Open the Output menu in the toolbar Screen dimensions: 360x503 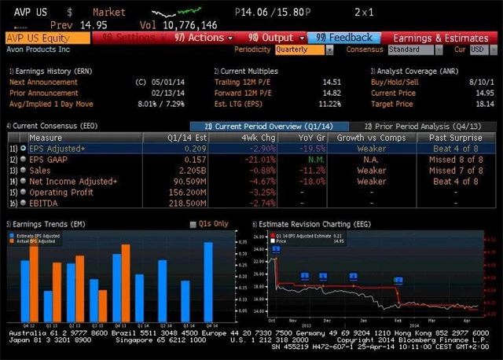(276, 37)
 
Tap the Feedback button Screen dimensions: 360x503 (343, 37)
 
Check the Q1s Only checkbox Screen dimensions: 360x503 (194, 224)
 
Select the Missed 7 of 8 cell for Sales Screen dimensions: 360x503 (454, 170)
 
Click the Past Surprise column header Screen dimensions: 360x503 (454, 137)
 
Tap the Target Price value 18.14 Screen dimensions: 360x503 (483, 104)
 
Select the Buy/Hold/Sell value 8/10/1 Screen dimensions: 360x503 (480, 82)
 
